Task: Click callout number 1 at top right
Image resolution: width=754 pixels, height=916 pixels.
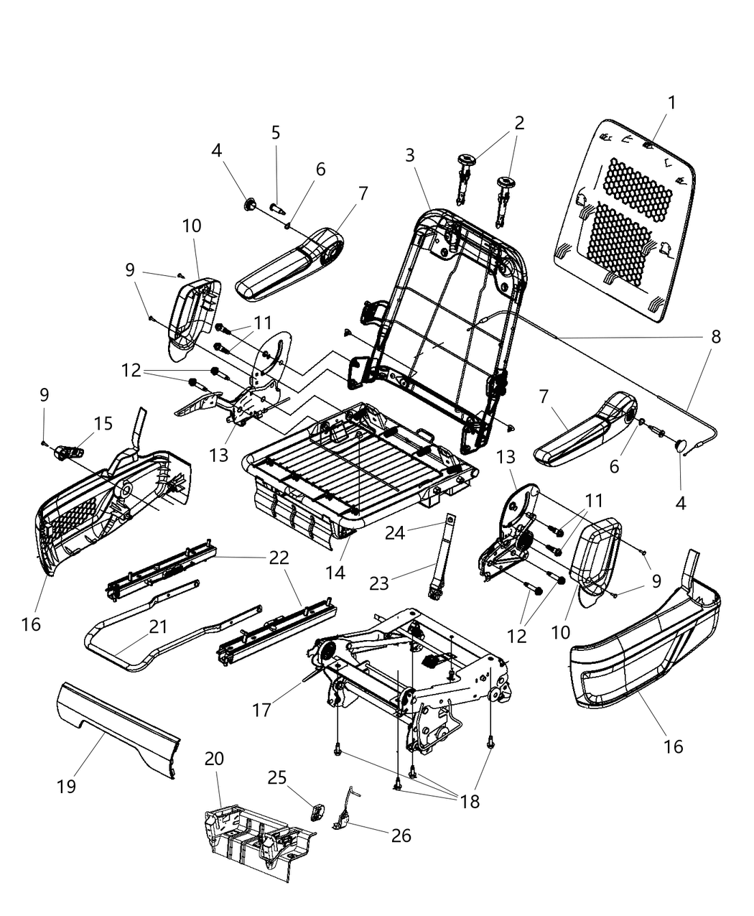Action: coord(671,103)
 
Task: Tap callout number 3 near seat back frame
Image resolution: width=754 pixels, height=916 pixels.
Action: coord(409,154)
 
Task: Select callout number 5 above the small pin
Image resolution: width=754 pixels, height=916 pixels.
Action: coord(276,133)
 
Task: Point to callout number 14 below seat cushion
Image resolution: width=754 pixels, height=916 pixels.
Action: coord(335,573)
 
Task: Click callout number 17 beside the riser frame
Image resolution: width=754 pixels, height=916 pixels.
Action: coord(261,710)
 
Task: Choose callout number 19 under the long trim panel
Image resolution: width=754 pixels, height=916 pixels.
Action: coord(67,786)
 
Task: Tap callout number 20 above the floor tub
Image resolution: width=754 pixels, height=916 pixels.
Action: coord(214,759)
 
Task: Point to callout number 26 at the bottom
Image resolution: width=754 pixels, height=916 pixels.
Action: coord(401,836)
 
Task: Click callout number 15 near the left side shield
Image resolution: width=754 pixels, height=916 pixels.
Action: coord(103,423)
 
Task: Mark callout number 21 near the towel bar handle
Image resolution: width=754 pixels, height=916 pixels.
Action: coord(158,627)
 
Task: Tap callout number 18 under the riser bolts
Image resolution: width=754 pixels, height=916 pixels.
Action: coord(470,802)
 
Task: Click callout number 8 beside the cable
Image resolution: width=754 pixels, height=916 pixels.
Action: coord(715,336)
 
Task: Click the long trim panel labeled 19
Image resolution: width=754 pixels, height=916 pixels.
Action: coord(118,726)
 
